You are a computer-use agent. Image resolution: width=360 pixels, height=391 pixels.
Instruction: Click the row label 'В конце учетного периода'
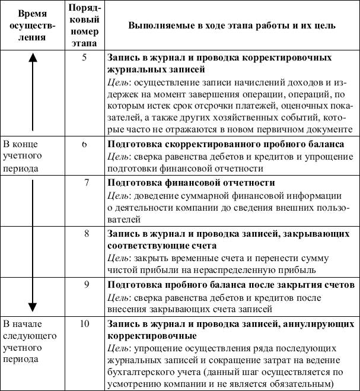24,156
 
